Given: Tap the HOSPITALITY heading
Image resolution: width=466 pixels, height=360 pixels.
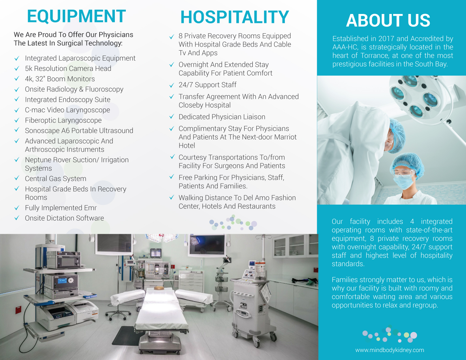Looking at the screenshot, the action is click(235, 17).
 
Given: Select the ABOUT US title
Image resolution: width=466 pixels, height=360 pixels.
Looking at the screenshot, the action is click(388, 20).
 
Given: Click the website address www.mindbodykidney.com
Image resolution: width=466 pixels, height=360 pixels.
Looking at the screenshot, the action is click(390, 350).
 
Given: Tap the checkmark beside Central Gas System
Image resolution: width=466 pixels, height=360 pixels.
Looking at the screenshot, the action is click(17, 178).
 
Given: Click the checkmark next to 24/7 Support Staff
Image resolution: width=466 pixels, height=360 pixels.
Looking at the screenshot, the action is click(171, 85).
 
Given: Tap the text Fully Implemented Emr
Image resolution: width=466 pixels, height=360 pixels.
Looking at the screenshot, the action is click(61, 208).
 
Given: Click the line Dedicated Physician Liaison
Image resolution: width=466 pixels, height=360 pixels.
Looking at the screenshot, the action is click(222, 117).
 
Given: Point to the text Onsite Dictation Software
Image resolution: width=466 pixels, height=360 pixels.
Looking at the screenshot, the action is click(64, 218).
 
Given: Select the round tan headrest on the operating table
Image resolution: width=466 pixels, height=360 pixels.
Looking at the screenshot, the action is click(159, 288).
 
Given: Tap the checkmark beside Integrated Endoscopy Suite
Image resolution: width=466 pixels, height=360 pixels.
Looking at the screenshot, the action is click(17, 99).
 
